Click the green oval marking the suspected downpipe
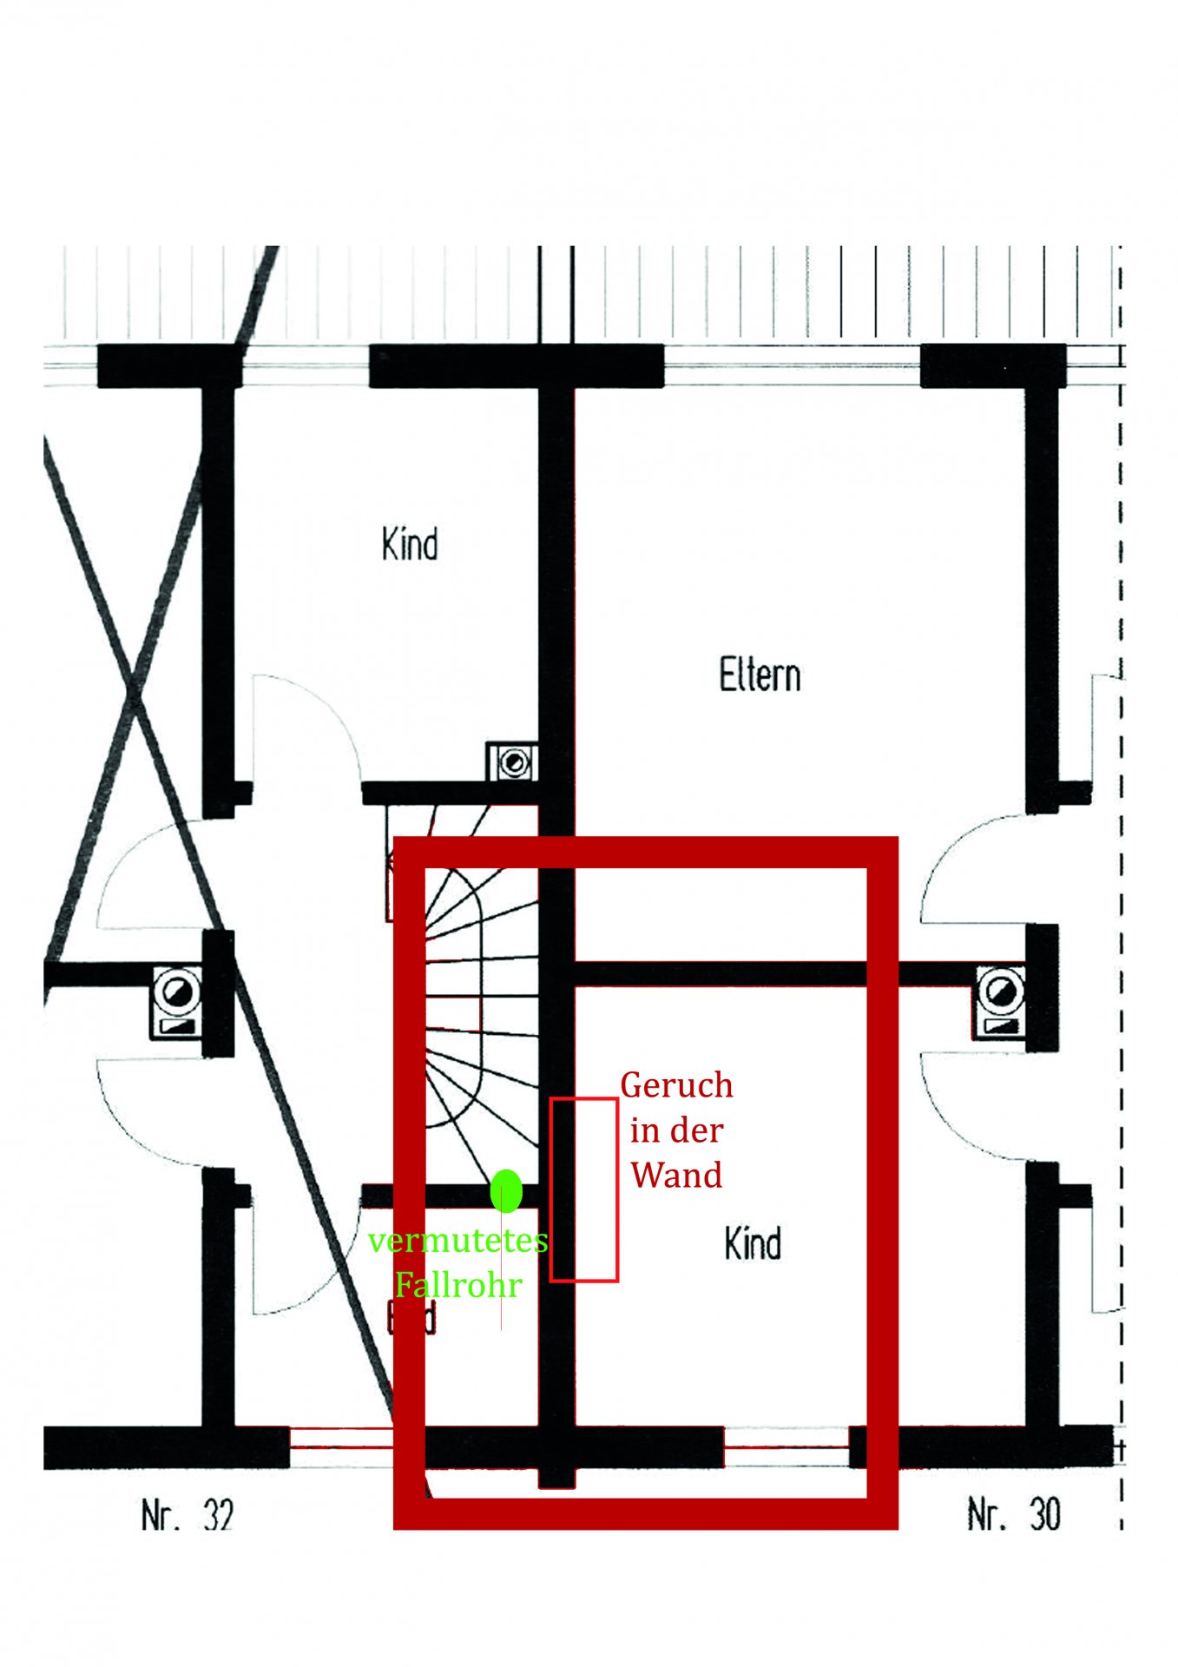coord(506,1190)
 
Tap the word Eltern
coord(760,675)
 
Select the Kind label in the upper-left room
coord(410,544)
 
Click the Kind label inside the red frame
coord(753,1243)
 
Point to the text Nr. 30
coord(1014,1514)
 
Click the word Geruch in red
coord(676,1085)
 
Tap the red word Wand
coord(676,1176)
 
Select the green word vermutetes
coord(457,1241)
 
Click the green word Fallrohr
coord(458,1285)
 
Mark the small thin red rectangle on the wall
coord(584,1189)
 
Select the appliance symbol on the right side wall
coord(1001,1001)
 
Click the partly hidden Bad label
coord(411,1320)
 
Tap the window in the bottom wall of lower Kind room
coord(786,1447)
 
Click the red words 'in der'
coord(676,1130)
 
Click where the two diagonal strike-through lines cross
coord(135,690)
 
